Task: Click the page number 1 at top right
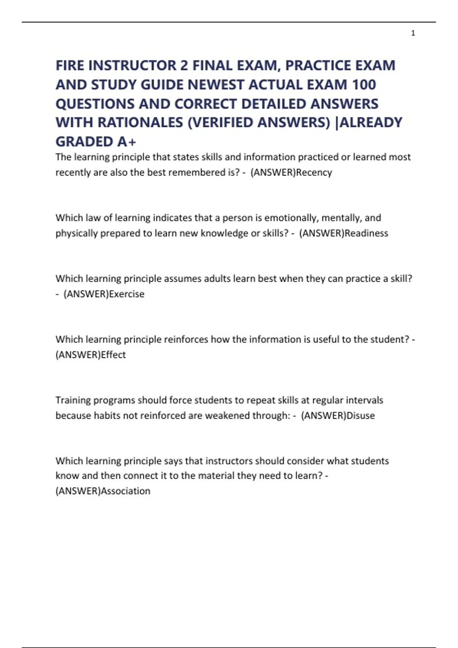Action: click(x=413, y=33)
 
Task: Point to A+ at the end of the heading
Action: click(x=127, y=142)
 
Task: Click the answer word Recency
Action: click(x=314, y=172)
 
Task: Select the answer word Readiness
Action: click(x=366, y=233)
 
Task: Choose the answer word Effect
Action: click(x=113, y=354)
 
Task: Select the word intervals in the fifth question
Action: click(x=364, y=400)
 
